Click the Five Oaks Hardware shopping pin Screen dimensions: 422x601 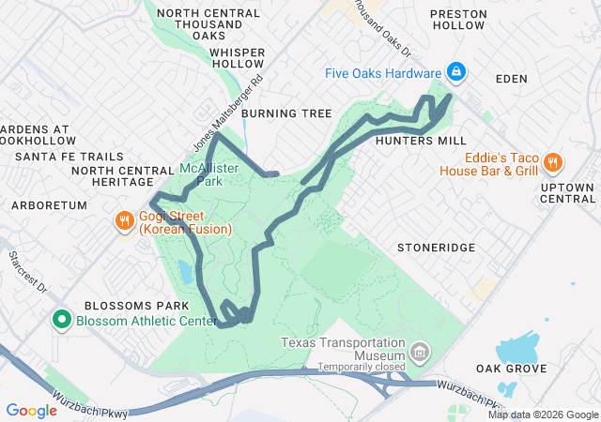455,72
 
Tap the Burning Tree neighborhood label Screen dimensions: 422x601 286,113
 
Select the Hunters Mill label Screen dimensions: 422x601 420,141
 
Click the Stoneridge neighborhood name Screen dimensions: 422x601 430,249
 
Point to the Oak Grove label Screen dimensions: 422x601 511,369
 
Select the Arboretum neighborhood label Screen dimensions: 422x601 49,204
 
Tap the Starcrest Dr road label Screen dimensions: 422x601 27,271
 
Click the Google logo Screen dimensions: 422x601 31,410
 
